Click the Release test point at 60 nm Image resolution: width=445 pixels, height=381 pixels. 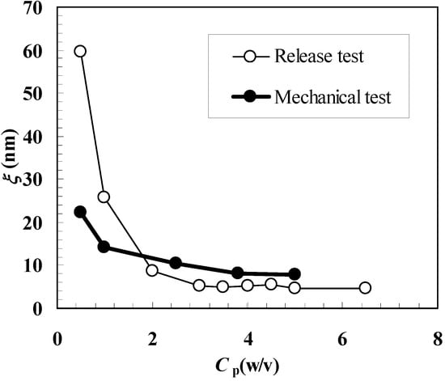pyautogui.click(x=80, y=51)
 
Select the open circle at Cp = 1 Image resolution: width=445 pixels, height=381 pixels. pyautogui.click(x=104, y=197)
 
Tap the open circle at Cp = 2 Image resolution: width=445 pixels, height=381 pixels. pyautogui.click(x=152, y=270)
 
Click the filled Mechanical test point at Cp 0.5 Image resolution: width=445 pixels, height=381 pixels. pyautogui.click(x=80, y=212)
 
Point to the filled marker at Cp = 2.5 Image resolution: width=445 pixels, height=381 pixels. pyautogui.click(x=176, y=263)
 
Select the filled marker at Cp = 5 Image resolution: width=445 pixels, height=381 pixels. pyautogui.click(x=295, y=274)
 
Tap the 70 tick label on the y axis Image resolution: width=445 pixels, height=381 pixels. pyautogui.click(x=33, y=9)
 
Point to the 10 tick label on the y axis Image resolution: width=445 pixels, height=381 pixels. pyautogui.click(x=33, y=265)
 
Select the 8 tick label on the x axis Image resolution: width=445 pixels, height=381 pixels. pyautogui.click(x=438, y=337)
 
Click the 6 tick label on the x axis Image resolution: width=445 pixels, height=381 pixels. pyautogui.click(x=342, y=337)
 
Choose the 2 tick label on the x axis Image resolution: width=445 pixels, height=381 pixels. pyautogui.click(x=152, y=337)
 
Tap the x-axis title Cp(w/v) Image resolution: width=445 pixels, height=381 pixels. pyautogui.click(x=248, y=366)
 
